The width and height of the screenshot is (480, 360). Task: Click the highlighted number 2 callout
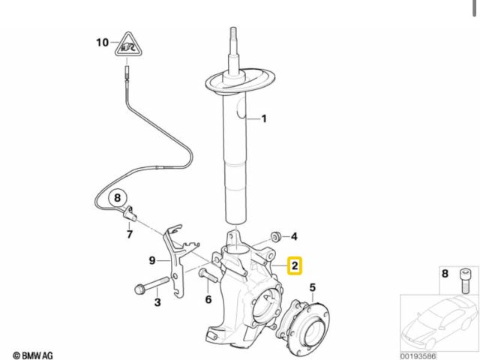coord(295,265)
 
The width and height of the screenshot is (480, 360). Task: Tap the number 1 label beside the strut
coord(263,118)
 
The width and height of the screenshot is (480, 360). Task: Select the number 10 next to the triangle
coord(103,42)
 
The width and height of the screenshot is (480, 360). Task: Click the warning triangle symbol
coord(127,45)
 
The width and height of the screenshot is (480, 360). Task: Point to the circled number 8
coord(118,198)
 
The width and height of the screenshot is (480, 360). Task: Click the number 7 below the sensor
coord(130,234)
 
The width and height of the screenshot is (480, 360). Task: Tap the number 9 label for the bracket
coord(152,260)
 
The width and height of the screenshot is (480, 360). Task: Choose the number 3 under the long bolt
coord(157,302)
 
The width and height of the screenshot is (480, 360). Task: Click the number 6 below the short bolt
coord(208,299)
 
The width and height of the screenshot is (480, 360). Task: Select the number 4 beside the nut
coord(294,236)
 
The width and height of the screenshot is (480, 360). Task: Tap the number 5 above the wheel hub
coord(312,287)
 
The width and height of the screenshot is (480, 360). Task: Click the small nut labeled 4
coord(276,237)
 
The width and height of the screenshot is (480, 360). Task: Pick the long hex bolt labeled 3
coord(152,284)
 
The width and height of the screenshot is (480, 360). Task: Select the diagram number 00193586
coord(418,356)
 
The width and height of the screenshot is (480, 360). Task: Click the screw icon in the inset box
coord(465,280)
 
